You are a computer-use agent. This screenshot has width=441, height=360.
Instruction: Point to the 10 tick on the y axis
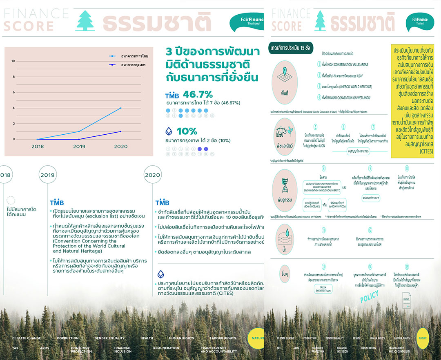13,61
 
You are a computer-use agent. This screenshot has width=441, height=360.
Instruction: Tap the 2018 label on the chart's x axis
37,147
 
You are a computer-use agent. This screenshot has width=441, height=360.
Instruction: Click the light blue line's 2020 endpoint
120,108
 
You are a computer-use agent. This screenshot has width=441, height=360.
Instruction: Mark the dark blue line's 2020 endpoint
120,131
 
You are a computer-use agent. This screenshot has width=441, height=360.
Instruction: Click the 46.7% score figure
198,94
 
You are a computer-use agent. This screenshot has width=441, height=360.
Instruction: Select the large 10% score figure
187,131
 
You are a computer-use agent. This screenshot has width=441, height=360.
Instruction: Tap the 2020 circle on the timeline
152,175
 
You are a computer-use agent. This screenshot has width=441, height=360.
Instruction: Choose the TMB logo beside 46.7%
172,96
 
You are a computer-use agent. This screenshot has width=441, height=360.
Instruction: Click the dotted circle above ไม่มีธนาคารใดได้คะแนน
11,200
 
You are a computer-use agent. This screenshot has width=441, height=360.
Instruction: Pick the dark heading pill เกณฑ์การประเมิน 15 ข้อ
290,48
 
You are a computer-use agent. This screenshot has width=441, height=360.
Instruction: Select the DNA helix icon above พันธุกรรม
285,184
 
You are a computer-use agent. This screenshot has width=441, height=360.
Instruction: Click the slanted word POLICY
370,296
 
